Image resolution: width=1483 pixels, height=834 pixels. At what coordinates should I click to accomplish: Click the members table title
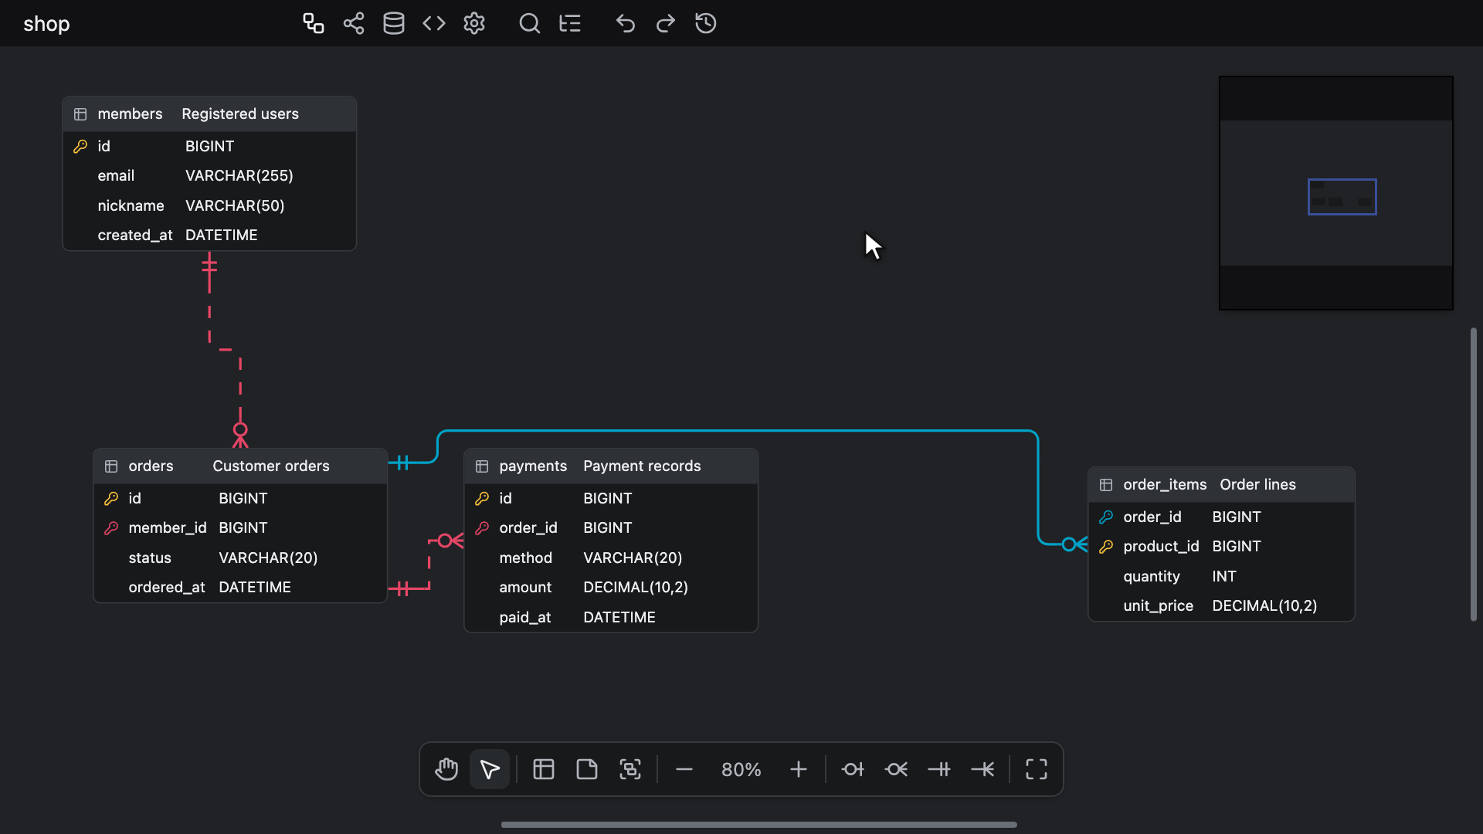(x=130, y=114)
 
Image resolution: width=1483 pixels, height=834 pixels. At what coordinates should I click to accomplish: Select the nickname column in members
(x=131, y=205)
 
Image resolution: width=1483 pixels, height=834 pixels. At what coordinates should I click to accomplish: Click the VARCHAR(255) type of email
(x=239, y=176)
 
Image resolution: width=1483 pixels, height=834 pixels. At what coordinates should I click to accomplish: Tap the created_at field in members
(x=135, y=236)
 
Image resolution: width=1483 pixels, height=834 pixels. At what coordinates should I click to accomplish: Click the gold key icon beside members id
(x=80, y=147)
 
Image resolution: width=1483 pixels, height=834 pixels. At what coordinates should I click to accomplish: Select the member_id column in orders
(x=168, y=528)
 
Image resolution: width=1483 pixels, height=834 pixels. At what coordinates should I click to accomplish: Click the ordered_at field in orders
(x=167, y=588)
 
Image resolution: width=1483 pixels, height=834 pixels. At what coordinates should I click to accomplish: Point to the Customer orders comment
(x=271, y=466)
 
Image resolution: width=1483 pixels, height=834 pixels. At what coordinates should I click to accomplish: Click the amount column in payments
(x=525, y=588)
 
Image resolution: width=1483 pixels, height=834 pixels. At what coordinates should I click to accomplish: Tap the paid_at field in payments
(x=525, y=618)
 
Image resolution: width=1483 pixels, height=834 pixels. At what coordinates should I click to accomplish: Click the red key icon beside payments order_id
(x=482, y=528)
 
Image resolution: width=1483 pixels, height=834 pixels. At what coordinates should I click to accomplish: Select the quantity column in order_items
(x=1152, y=577)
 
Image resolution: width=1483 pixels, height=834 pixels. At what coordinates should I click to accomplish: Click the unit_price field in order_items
(x=1159, y=606)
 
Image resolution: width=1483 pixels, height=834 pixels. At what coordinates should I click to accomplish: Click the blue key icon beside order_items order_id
(x=1106, y=517)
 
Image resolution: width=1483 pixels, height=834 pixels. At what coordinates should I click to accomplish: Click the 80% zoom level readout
(x=741, y=770)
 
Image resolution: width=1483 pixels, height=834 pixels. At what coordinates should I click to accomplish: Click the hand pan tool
(x=446, y=769)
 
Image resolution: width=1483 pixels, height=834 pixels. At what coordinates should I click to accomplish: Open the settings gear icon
(x=474, y=23)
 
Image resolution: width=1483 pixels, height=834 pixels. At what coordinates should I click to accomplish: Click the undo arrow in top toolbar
(x=626, y=23)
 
